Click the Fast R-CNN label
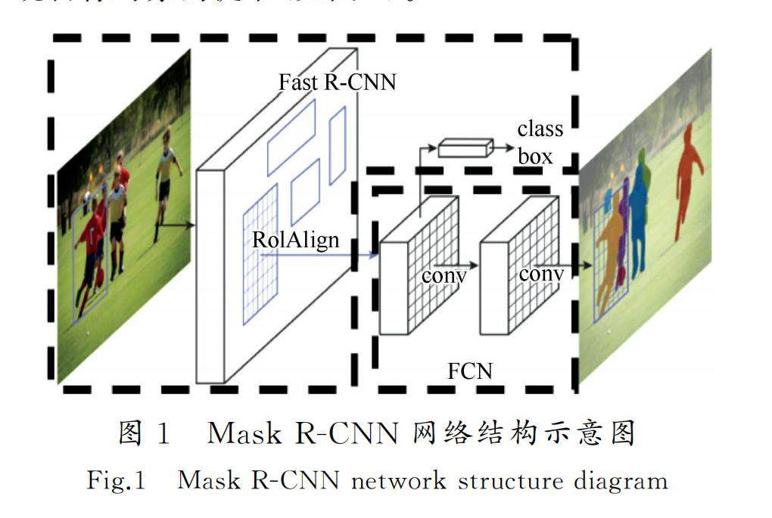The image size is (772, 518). (337, 82)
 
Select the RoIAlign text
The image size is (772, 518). (297, 241)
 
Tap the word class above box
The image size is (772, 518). (540, 129)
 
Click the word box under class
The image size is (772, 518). (536, 157)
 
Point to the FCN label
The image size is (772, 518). (469, 371)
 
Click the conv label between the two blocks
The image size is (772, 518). (444, 275)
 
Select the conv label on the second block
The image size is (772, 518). (541, 274)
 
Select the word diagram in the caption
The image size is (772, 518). (626, 481)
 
